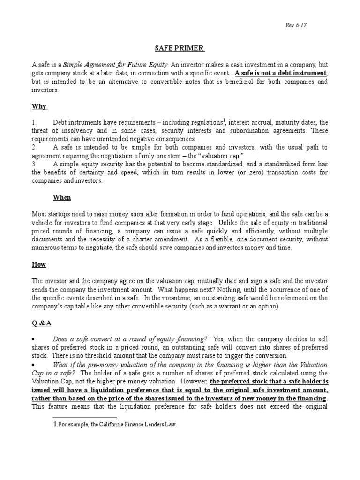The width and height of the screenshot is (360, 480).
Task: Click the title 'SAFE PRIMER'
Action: tap(180, 48)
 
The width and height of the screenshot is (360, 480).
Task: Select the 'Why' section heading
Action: tap(39, 106)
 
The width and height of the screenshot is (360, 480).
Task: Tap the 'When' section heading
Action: tap(61, 197)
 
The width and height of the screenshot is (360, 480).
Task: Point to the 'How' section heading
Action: tap(38, 264)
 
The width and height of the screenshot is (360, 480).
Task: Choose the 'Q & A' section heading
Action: tap(41, 323)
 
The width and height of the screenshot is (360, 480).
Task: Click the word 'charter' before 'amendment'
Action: tap(142, 240)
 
